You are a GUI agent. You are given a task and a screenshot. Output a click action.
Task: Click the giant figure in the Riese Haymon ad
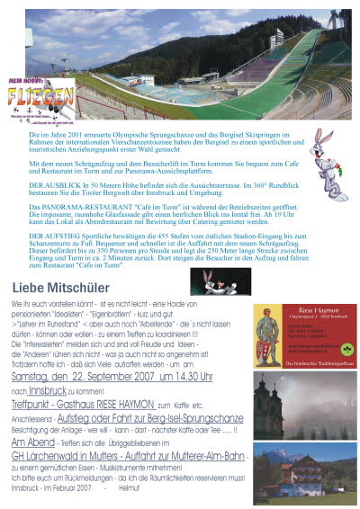click(266, 335)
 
